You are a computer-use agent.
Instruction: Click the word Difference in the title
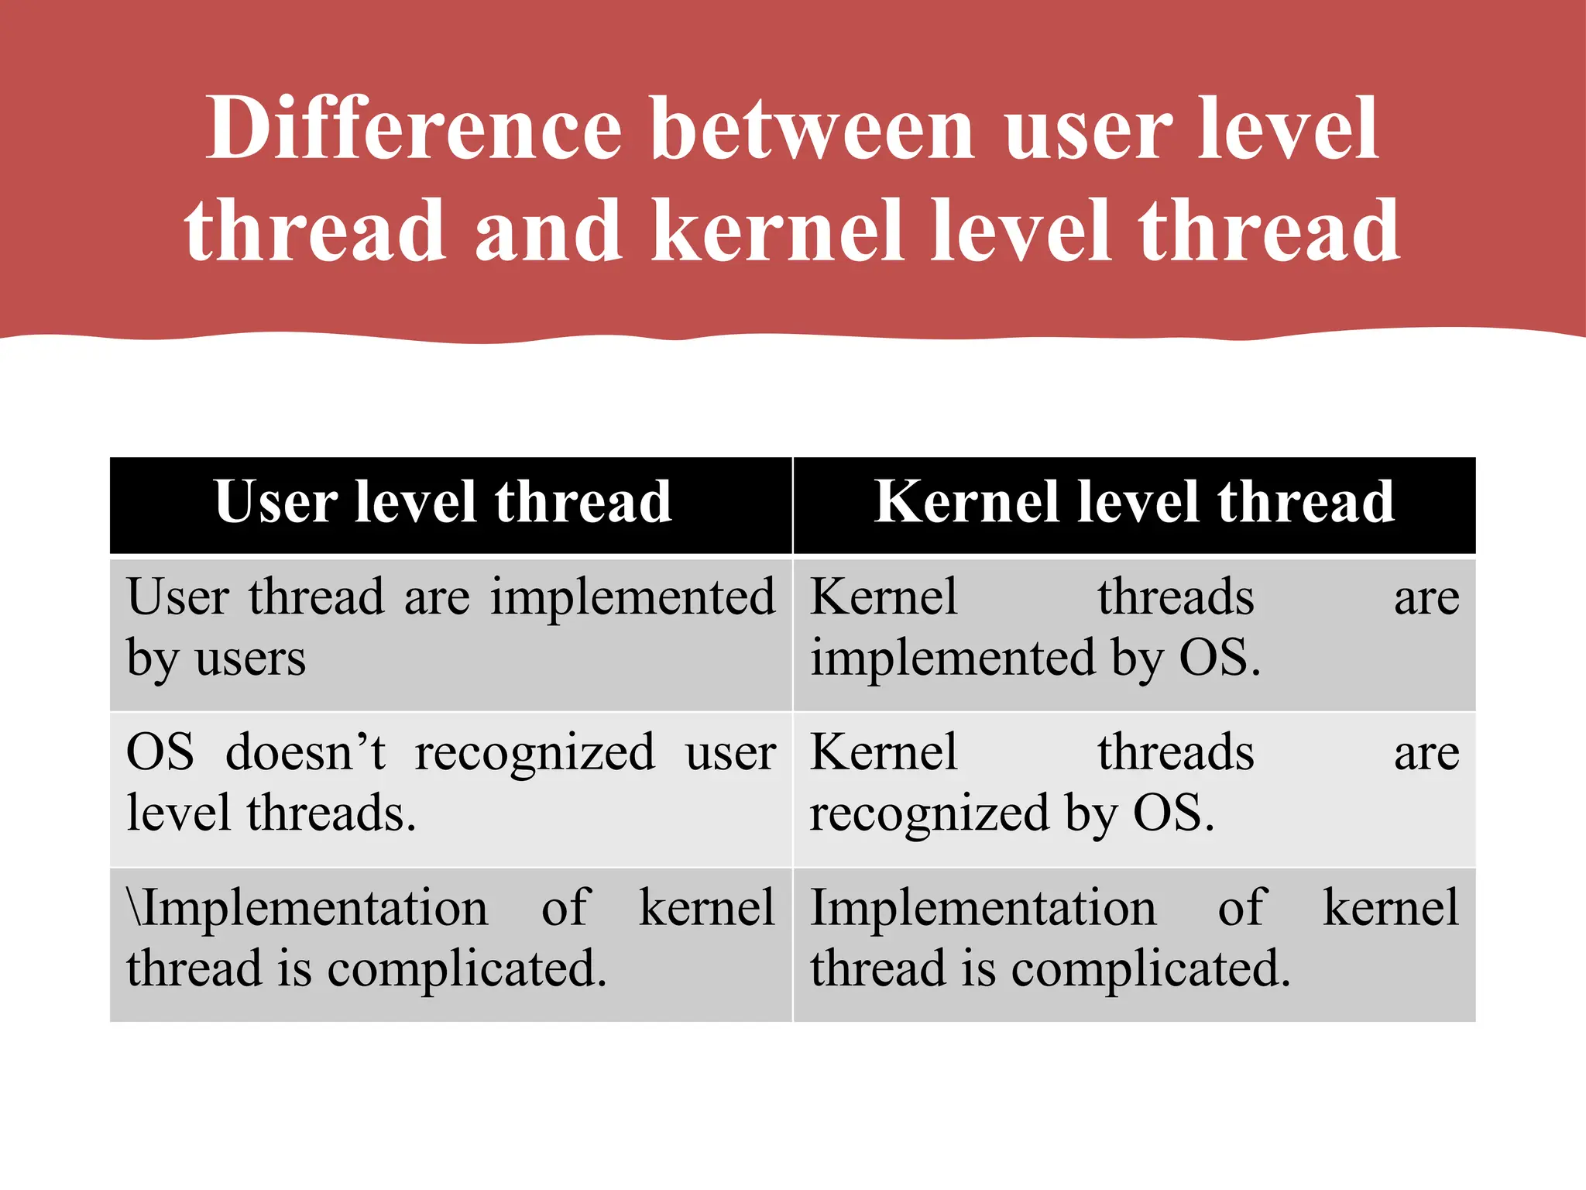(x=414, y=128)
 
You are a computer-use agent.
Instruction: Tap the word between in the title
(x=813, y=128)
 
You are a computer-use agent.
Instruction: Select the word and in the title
(x=548, y=231)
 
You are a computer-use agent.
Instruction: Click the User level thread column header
(x=443, y=502)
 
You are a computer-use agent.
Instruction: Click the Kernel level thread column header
(x=1134, y=502)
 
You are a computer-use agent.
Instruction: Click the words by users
(x=216, y=659)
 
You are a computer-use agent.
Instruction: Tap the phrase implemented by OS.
(x=1035, y=659)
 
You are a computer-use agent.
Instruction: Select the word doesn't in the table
(x=305, y=752)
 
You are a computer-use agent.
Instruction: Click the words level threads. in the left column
(x=271, y=813)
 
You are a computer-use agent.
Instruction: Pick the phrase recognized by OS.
(x=1012, y=813)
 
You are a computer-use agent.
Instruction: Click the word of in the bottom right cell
(x=1241, y=907)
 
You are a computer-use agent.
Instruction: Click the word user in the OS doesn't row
(x=730, y=752)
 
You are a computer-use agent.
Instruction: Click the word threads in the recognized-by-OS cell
(x=1176, y=752)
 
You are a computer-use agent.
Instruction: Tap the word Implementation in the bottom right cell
(x=983, y=907)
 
